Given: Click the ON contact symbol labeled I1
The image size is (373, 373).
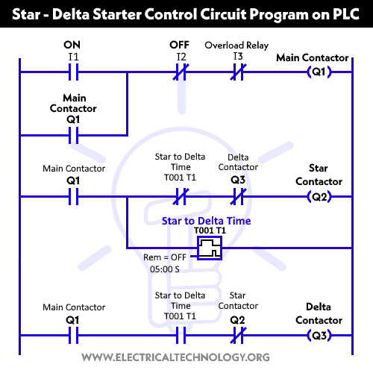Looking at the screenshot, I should pyautogui.click(x=72, y=72).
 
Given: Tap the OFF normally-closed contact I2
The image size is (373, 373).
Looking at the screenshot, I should pyautogui.click(x=179, y=72).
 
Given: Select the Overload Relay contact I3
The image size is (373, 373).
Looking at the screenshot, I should pyautogui.click(x=238, y=72).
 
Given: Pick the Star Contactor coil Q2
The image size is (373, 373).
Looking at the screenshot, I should pyautogui.click(x=319, y=197).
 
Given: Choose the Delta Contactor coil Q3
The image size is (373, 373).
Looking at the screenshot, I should pyautogui.click(x=319, y=335).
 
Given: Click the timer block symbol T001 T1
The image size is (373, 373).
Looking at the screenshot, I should pyautogui.click(x=211, y=248).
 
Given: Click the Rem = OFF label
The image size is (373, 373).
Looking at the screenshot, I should pyautogui.click(x=166, y=257).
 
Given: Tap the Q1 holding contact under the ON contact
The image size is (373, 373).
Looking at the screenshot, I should pyautogui.click(x=72, y=136).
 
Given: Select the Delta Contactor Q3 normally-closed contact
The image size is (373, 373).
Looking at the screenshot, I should pyautogui.click(x=238, y=197).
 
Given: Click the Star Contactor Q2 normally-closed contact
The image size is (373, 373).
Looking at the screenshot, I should pyautogui.click(x=238, y=335).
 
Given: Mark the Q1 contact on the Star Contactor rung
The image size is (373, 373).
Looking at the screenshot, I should pyautogui.click(x=72, y=197).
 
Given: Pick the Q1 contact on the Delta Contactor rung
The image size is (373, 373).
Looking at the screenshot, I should pyautogui.click(x=72, y=335).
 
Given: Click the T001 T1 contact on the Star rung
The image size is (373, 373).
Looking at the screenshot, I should pyautogui.click(x=179, y=197).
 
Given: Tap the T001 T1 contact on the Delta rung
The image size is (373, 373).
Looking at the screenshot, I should pyautogui.click(x=179, y=335).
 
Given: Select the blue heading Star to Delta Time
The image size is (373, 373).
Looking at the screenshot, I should pyautogui.click(x=207, y=221).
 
